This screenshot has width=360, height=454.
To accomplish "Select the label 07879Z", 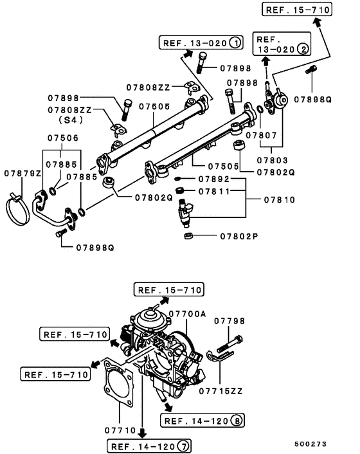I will tap(22, 174).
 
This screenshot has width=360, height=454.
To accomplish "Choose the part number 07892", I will tap(213, 179).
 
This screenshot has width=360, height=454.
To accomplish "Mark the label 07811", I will tap(213, 191).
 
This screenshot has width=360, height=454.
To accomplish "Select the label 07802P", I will tap(239, 237).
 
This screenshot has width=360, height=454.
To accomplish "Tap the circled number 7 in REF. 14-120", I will tap(182, 445).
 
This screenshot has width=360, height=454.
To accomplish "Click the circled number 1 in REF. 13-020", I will tap(235, 43).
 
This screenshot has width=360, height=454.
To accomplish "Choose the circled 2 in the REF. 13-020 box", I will tap(302, 48).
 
